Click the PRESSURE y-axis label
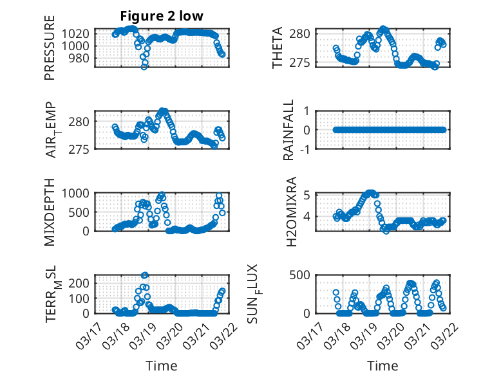pyautogui.click(x=50, y=53)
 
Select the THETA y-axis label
pyautogui.click(x=277, y=48)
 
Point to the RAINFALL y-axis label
pyautogui.click(x=289, y=130)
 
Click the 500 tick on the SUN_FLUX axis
pyautogui.click(x=301, y=275)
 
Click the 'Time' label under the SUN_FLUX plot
pyautogui.click(x=383, y=366)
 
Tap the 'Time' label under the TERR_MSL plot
pyautogui.click(x=157, y=366)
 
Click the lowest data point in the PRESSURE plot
pyautogui.click(x=144, y=67)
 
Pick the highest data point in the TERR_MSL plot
pyautogui.click(x=145, y=275)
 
